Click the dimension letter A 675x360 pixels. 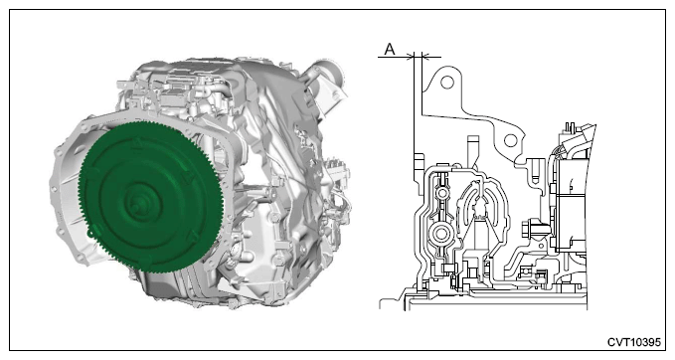point(389,49)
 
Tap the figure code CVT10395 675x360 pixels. point(633,342)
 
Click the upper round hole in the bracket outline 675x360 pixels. point(447,82)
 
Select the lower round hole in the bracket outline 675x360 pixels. point(510,140)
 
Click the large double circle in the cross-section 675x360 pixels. point(440,235)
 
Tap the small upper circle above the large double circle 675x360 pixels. point(442,193)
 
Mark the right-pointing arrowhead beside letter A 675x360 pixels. point(410,55)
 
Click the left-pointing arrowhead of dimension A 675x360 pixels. point(426,56)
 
